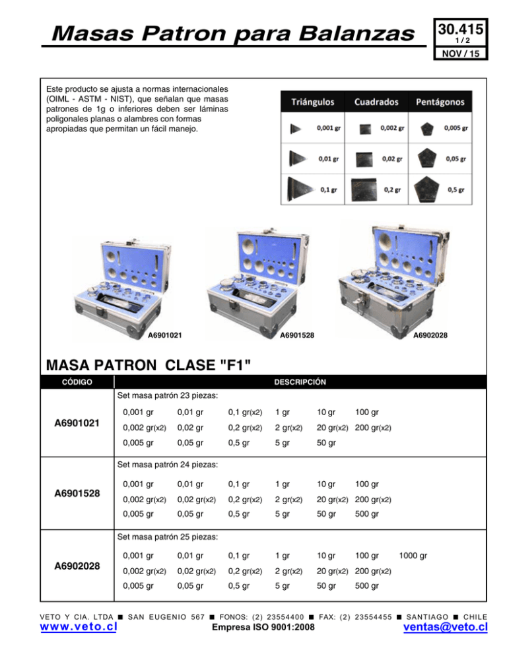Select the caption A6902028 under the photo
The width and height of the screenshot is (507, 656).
[430, 336]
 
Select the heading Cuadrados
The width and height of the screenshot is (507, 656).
[376, 102]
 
